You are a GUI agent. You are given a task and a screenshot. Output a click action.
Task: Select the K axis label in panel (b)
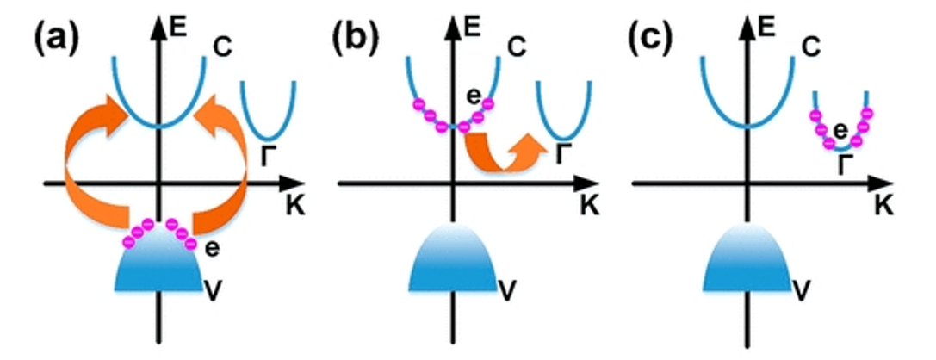[588, 207]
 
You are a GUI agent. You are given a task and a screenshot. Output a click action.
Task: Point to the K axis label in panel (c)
[883, 207]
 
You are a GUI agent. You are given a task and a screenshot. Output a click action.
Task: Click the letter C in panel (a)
[222, 48]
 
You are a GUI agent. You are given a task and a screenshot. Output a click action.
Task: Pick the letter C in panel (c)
[811, 48]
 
